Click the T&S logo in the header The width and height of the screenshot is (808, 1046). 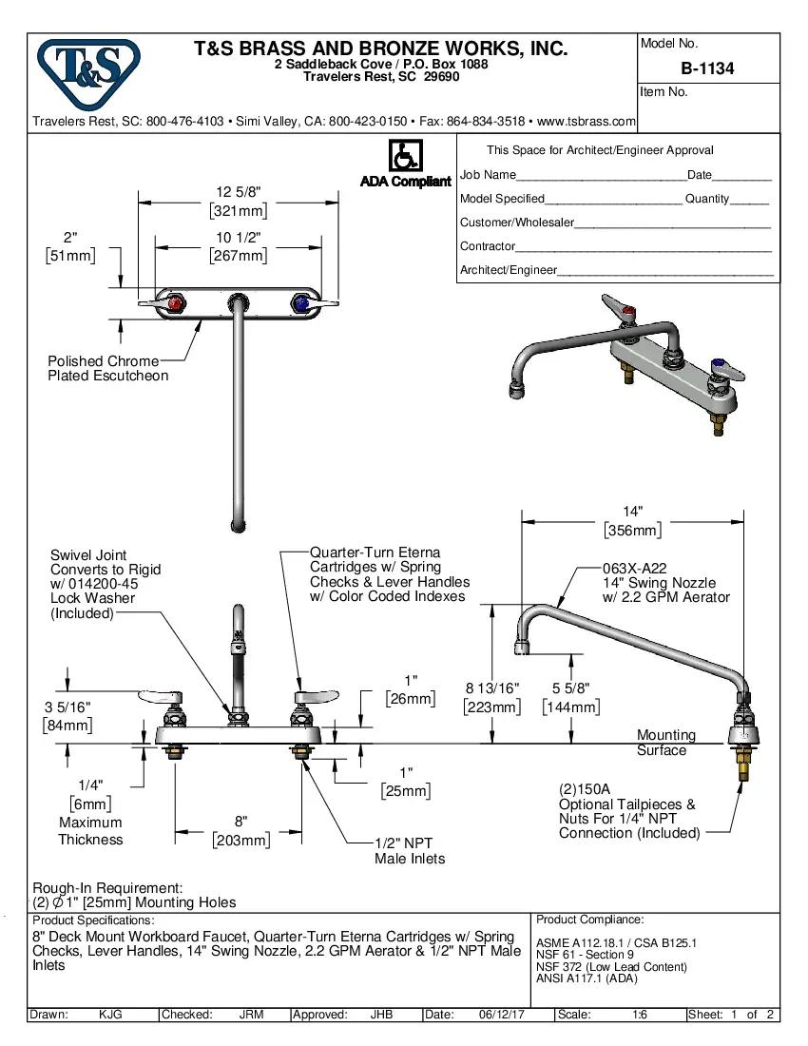tap(88, 74)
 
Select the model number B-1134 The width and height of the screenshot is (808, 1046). tap(707, 68)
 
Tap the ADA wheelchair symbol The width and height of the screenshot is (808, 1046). tap(405, 155)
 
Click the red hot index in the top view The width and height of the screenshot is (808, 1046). tap(174, 303)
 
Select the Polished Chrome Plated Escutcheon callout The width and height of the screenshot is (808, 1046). tap(107, 368)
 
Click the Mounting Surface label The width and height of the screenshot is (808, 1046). tap(665, 743)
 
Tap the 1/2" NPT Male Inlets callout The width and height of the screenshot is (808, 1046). tap(409, 850)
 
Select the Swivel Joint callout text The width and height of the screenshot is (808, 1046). tap(106, 583)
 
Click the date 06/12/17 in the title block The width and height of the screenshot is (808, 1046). tap(501, 1015)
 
